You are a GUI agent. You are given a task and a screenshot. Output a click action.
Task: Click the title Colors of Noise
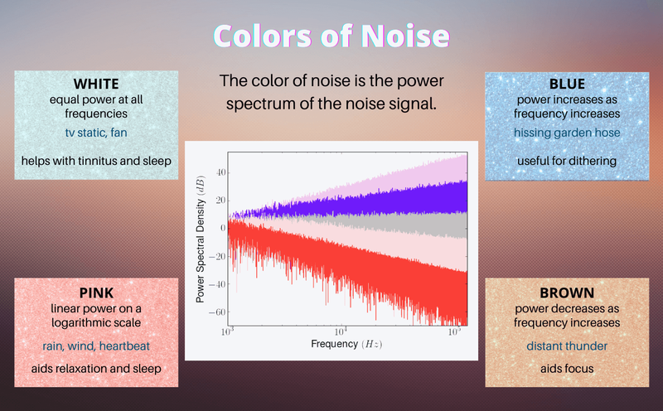[x=331, y=37]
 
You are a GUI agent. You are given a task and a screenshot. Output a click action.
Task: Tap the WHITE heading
[x=96, y=84]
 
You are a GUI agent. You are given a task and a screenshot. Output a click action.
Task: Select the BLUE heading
[x=567, y=84]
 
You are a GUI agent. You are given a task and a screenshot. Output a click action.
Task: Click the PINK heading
[x=96, y=293]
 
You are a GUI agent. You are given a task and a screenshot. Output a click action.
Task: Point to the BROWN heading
[x=567, y=293]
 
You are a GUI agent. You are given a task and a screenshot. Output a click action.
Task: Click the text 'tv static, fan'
[x=96, y=133]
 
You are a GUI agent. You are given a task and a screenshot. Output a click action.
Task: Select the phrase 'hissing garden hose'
[x=567, y=133]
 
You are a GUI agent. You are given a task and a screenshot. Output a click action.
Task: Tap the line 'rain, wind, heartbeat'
[x=96, y=345]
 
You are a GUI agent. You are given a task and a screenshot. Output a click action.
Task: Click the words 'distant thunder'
[x=567, y=346]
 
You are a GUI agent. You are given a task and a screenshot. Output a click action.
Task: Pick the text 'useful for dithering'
[x=567, y=161]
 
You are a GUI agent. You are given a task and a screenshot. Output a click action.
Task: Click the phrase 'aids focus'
[x=567, y=369]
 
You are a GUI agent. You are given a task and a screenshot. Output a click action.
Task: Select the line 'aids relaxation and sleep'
[x=96, y=369]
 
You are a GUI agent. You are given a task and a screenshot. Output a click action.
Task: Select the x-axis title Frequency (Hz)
[x=346, y=344]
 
